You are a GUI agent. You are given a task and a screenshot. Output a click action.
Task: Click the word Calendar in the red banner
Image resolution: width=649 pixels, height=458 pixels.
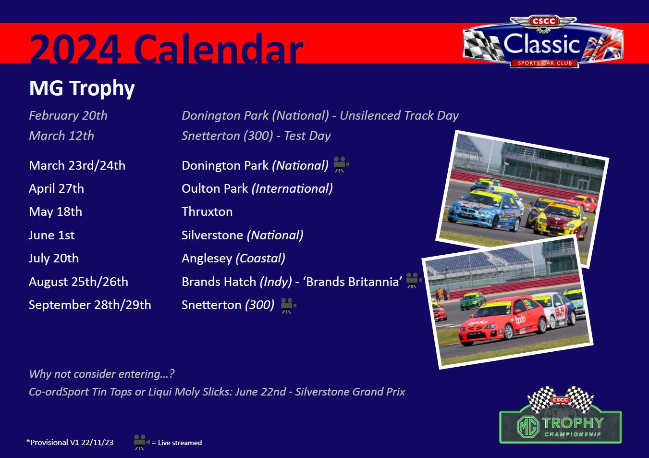[x=218, y=48]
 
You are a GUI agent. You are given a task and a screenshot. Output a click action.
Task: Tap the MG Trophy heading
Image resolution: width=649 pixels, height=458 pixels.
[x=82, y=88]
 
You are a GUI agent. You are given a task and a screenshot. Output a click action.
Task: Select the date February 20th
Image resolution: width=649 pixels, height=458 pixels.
[x=68, y=115]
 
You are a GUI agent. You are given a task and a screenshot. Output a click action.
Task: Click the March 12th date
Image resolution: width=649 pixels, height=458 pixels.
[x=61, y=136]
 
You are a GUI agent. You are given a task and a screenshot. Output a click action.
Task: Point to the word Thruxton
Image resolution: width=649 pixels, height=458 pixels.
[x=207, y=211]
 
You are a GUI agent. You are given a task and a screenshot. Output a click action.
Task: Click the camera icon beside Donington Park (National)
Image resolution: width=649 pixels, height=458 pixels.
[x=341, y=164]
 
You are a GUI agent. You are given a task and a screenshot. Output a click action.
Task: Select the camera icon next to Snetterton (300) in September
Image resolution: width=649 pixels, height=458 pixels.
[x=288, y=306]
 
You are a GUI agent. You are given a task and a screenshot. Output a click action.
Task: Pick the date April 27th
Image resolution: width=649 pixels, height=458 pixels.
[x=57, y=189]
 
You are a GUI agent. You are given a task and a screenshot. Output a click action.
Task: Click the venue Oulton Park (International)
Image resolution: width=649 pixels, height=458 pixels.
[x=257, y=189]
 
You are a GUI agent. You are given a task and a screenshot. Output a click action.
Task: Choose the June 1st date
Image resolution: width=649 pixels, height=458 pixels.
[x=51, y=235]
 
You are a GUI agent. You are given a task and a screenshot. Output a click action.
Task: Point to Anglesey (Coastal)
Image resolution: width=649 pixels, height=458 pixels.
[x=233, y=258]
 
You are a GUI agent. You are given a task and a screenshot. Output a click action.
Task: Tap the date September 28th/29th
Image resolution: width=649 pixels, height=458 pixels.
[x=90, y=305]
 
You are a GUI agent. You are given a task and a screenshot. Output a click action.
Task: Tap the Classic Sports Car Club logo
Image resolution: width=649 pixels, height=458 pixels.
[x=543, y=42]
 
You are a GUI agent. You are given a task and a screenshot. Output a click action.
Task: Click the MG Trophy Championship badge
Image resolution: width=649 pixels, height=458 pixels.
[x=560, y=415]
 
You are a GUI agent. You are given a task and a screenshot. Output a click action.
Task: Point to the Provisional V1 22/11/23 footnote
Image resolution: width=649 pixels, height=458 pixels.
[x=70, y=442]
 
